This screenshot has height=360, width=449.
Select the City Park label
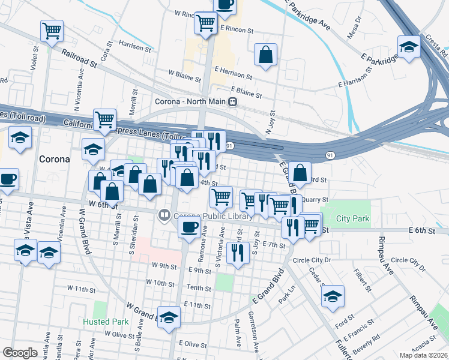coord(352,219)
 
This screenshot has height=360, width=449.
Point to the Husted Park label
coord(106,322)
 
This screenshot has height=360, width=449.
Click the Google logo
coord(20,353)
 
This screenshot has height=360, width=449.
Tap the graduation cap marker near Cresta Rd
coord(409,46)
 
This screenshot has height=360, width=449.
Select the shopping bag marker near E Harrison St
coord(265,55)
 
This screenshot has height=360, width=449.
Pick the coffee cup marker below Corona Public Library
coord(190,227)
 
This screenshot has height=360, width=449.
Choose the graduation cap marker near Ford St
coord(333,296)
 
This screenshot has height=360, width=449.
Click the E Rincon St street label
coord(237,28)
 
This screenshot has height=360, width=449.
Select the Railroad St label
coord(79,58)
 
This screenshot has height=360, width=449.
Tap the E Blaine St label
coord(247,92)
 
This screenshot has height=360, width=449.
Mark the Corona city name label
coord(54,160)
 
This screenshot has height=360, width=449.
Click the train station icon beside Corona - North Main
coord(231,101)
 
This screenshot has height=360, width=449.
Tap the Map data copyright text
coord(423,355)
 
